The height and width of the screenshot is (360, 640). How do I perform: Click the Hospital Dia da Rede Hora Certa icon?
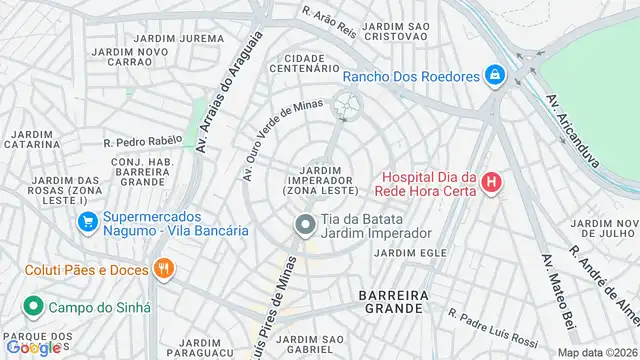491,182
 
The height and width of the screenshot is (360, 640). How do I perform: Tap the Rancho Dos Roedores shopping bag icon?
494,75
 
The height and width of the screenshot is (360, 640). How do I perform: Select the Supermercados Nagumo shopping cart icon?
88,222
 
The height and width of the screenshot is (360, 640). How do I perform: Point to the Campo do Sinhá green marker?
33,306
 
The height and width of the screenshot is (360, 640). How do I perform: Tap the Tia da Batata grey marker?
303,225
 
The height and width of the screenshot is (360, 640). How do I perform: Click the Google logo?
34,347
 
